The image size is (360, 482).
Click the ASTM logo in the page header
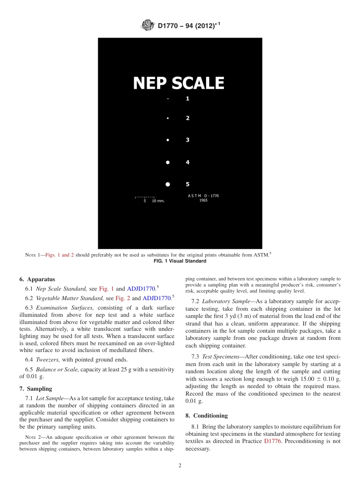pyautogui.click(x=148, y=25)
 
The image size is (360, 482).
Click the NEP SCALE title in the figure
pyautogui.click(x=178, y=83)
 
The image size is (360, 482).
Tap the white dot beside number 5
pyautogui.click(x=168, y=184)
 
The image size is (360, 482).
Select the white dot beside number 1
pyautogui.click(x=168, y=99)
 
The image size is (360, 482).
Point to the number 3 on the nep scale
pyautogui.click(x=188, y=140)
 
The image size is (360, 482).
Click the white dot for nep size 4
pyautogui.click(x=168, y=162)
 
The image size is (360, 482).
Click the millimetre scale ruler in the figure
pyautogui.click(x=145, y=197)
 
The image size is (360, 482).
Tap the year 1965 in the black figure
pyautogui.click(x=203, y=200)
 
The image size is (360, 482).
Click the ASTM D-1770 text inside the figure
pyautogui.click(x=203, y=196)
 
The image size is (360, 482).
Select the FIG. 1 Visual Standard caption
pyautogui.click(x=180, y=261)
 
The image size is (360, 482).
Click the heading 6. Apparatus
pyautogui.click(x=37, y=279)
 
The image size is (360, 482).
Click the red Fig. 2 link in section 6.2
pyautogui.click(x=123, y=298)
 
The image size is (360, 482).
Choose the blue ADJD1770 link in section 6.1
pyautogui.click(x=141, y=289)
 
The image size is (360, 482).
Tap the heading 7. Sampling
pyautogui.click(x=36, y=389)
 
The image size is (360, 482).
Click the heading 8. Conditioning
pyautogui.click(x=207, y=416)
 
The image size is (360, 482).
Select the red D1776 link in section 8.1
pyautogui.click(x=272, y=441)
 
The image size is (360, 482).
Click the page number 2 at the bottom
pyautogui.click(x=180, y=466)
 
